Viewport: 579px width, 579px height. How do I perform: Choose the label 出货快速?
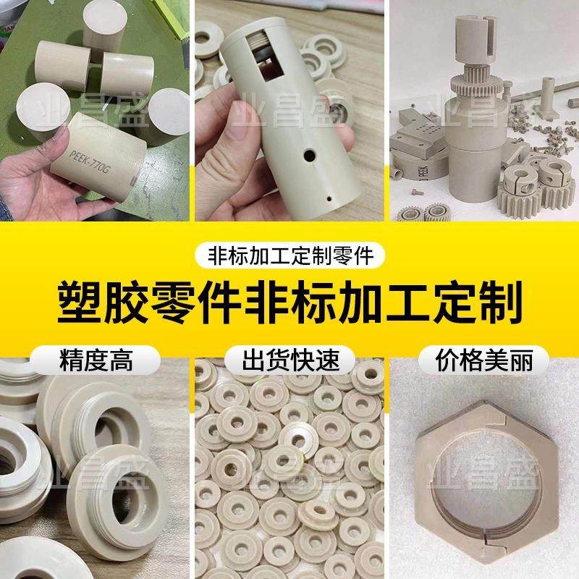[x=289, y=360]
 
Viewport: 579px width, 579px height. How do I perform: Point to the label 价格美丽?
[x=482, y=360]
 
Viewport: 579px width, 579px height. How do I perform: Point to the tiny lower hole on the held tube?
[x=329, y=193]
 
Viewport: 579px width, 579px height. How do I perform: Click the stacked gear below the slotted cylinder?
[x=477, y=83]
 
